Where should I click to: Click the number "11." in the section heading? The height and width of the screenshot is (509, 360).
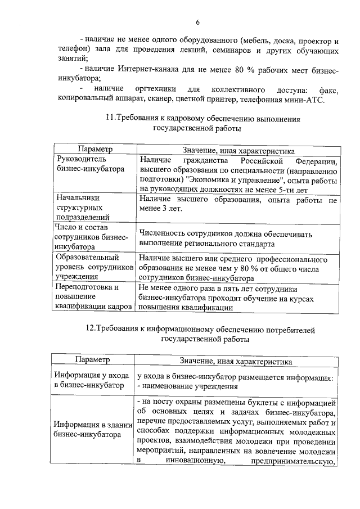pyautogui.click(x=110, y=119)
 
